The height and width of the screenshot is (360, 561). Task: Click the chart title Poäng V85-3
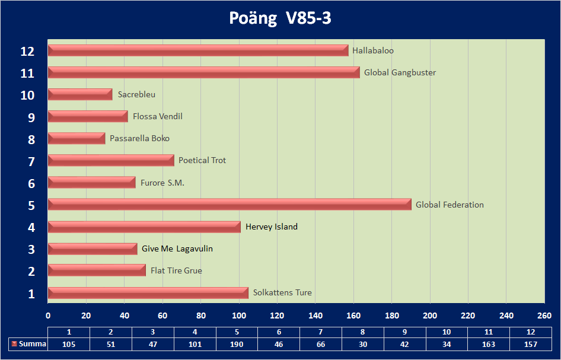(280, 18)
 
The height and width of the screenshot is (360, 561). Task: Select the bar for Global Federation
(229, 205)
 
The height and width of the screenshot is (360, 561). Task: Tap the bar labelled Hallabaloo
(197, 51)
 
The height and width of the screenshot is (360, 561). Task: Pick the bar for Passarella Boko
(76, 139)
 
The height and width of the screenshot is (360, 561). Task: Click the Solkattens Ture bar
(148, 293)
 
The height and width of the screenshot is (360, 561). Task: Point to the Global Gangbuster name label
(400, 73)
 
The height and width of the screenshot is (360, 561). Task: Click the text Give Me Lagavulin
(177, 249)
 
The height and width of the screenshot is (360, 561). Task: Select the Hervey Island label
(271, 227)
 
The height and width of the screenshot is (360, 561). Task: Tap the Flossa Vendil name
(157, 117)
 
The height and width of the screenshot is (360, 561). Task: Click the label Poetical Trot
(202, 161)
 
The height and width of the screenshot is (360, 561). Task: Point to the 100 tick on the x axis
(239, 314)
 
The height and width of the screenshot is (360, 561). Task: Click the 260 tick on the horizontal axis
(544, 314)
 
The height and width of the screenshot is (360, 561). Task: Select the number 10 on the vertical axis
(27, 95)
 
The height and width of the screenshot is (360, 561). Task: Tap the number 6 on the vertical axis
(31, 183)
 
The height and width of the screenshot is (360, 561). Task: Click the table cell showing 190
(237, 344)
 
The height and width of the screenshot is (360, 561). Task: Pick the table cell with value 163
(489, 344)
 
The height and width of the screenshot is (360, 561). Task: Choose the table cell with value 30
(363, 344)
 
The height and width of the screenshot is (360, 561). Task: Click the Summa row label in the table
(32, 344)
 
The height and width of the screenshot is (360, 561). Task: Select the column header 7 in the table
(321, 332)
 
